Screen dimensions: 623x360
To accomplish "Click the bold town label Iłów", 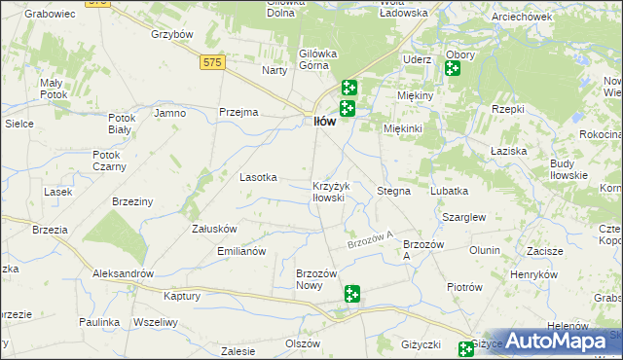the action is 323,122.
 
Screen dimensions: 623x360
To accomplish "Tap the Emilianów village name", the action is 240,251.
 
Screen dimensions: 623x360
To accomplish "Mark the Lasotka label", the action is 259,177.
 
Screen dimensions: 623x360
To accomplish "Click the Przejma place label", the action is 238,112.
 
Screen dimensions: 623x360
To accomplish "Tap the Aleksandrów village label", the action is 123,273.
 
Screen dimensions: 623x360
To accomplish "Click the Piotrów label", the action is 464,287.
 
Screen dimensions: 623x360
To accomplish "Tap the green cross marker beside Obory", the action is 452,68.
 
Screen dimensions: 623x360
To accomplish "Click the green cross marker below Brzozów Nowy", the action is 352,294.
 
